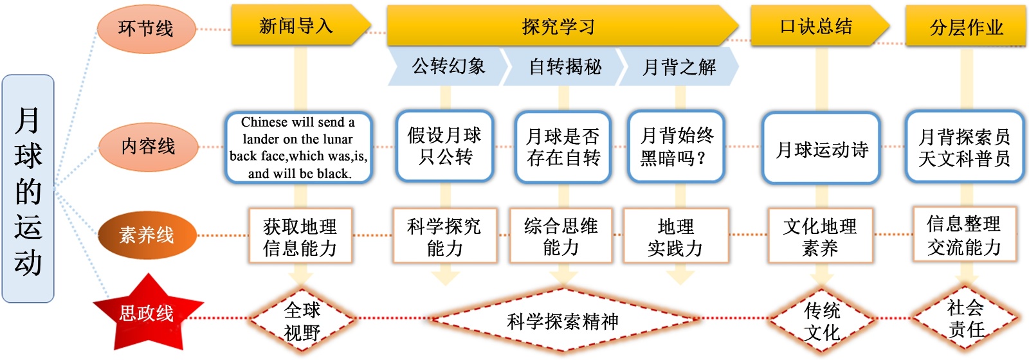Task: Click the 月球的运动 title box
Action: (28, 189)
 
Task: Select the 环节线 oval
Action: (146, 28)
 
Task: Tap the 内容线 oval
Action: (148, 147)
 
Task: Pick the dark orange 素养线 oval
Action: (147, 235)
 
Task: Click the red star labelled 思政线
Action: (147, 313)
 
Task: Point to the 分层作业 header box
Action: (965, 27)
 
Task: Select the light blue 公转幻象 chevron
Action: (448, 66)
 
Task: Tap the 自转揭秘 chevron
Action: (564, 66)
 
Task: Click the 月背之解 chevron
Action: (678, 66)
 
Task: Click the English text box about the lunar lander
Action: (299, 147)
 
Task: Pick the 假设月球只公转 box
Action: (444, 147)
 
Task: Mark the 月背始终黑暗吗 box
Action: (676, 147)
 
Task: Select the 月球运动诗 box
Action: (821, 149)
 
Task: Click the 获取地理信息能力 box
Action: (300, 236)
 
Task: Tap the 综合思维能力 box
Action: (561, 236)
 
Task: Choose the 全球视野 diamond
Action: (302, 321)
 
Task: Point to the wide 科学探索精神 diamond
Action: (562, 321)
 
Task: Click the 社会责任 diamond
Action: (965, 318)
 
